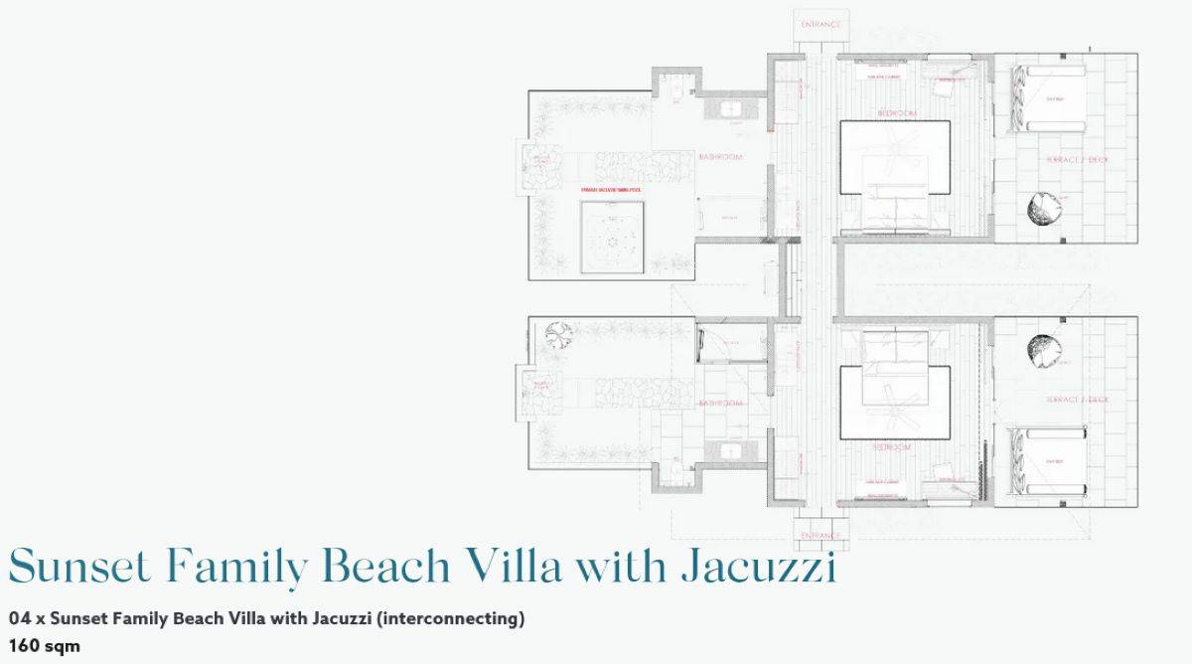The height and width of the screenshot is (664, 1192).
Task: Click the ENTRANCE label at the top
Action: (x=820, y=24)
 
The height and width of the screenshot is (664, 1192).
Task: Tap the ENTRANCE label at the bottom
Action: (x=820, y=535)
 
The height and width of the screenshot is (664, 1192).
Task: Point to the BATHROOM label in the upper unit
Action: (x=720, y=157)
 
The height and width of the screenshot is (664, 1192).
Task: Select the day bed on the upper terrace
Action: (x=1049, y=98)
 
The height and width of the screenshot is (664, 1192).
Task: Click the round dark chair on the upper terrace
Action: (x=1044, y=208)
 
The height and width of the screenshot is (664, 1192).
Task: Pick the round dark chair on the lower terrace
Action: (x=1044, y=350)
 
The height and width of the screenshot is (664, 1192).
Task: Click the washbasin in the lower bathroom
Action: (x=730, y=450)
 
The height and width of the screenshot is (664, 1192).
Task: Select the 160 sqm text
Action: (x=44, y=645)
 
